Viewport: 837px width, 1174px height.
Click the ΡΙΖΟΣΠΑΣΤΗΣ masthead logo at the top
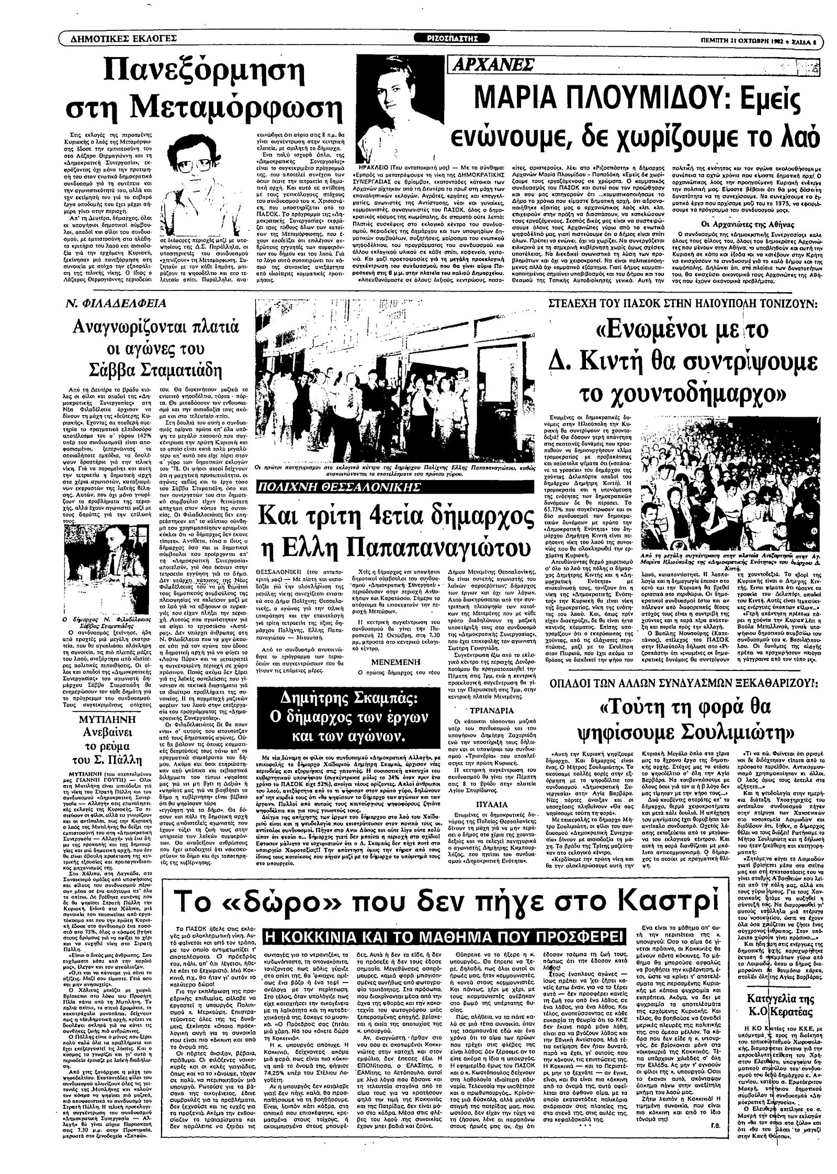click(x=454, y=38)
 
